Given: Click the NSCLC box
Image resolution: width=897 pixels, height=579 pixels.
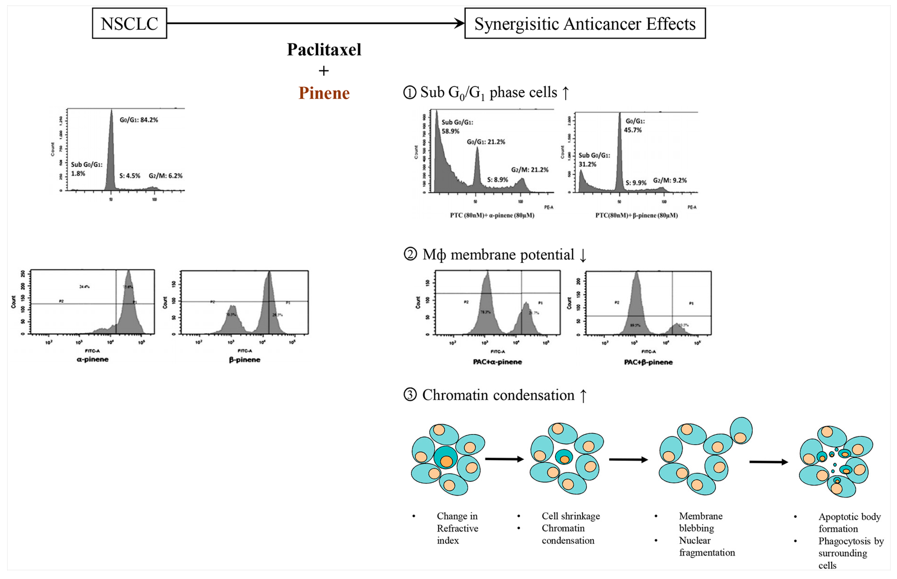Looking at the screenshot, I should [x=129, y=23].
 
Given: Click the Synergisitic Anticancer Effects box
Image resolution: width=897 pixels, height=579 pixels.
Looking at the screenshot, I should [x=585, y=23].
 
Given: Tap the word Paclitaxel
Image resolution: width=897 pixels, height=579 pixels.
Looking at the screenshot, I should [x=324, y=50].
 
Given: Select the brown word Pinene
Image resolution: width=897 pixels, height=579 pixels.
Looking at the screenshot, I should [x=324, y=93].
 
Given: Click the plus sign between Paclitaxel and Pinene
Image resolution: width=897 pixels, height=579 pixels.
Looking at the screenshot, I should [x=324, y=71].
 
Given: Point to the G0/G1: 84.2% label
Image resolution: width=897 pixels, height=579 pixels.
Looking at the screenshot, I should [x=139, y=120].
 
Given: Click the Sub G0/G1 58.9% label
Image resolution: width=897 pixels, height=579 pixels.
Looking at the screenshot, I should [x=457, y=127].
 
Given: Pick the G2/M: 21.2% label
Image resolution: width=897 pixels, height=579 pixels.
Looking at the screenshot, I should [x=529, y=170].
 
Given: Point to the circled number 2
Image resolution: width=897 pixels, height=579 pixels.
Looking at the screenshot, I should [x=410, y=254].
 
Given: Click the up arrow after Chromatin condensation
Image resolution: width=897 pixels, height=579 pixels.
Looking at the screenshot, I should [x=583, y=396].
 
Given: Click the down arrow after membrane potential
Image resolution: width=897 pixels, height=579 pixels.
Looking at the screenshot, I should [x=583, y=255].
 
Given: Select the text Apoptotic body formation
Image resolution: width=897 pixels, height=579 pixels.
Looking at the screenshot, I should [x=849, y=522].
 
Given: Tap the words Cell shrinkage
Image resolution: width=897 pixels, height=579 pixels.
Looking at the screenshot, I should [x=571, y=516].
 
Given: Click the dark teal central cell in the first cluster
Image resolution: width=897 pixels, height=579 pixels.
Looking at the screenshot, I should [x=445, y=457].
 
